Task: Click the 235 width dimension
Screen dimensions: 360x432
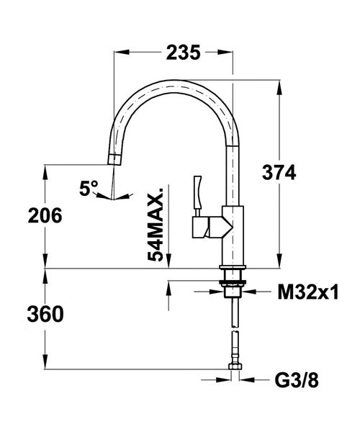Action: click(183, 53)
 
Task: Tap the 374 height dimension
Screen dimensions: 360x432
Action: click(279, 173)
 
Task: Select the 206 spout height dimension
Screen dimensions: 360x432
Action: click(45, 215)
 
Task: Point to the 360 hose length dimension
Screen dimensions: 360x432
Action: click(45, 315)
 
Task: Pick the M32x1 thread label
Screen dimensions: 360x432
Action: click(308, 292)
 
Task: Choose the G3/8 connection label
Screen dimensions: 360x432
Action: click(297, 380)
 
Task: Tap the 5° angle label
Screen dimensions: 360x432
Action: click(89, 188)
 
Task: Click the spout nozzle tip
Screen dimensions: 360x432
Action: click(114, 160)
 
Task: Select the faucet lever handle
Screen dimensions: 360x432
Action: click(198, 192)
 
